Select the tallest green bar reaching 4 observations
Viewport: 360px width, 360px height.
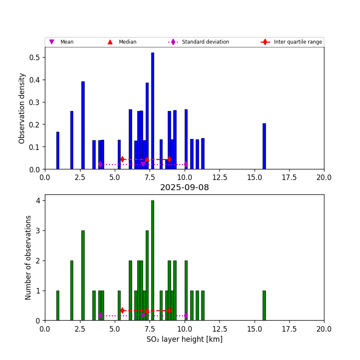[x=152, y=260]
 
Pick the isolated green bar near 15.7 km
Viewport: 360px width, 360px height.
[x=264, y=305]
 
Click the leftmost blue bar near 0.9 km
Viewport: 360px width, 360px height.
[x=58, y=151]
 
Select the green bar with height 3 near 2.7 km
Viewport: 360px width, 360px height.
[x=83, y=275]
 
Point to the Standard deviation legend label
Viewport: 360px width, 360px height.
[x=205, y=42]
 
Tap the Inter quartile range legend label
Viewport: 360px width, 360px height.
[x=298, y=42]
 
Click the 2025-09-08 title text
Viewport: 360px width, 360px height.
[x=184, y=188]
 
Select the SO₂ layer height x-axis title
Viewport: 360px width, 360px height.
[x=184, y=339]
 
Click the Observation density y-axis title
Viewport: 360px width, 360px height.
[x=22, y=108]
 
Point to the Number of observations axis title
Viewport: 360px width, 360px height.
[x=29, y=258]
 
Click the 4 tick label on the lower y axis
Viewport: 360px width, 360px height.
[x=38, y=201]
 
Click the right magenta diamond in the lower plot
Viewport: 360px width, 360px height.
[x=186, y=316]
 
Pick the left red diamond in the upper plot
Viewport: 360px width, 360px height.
[x=122, y=159]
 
